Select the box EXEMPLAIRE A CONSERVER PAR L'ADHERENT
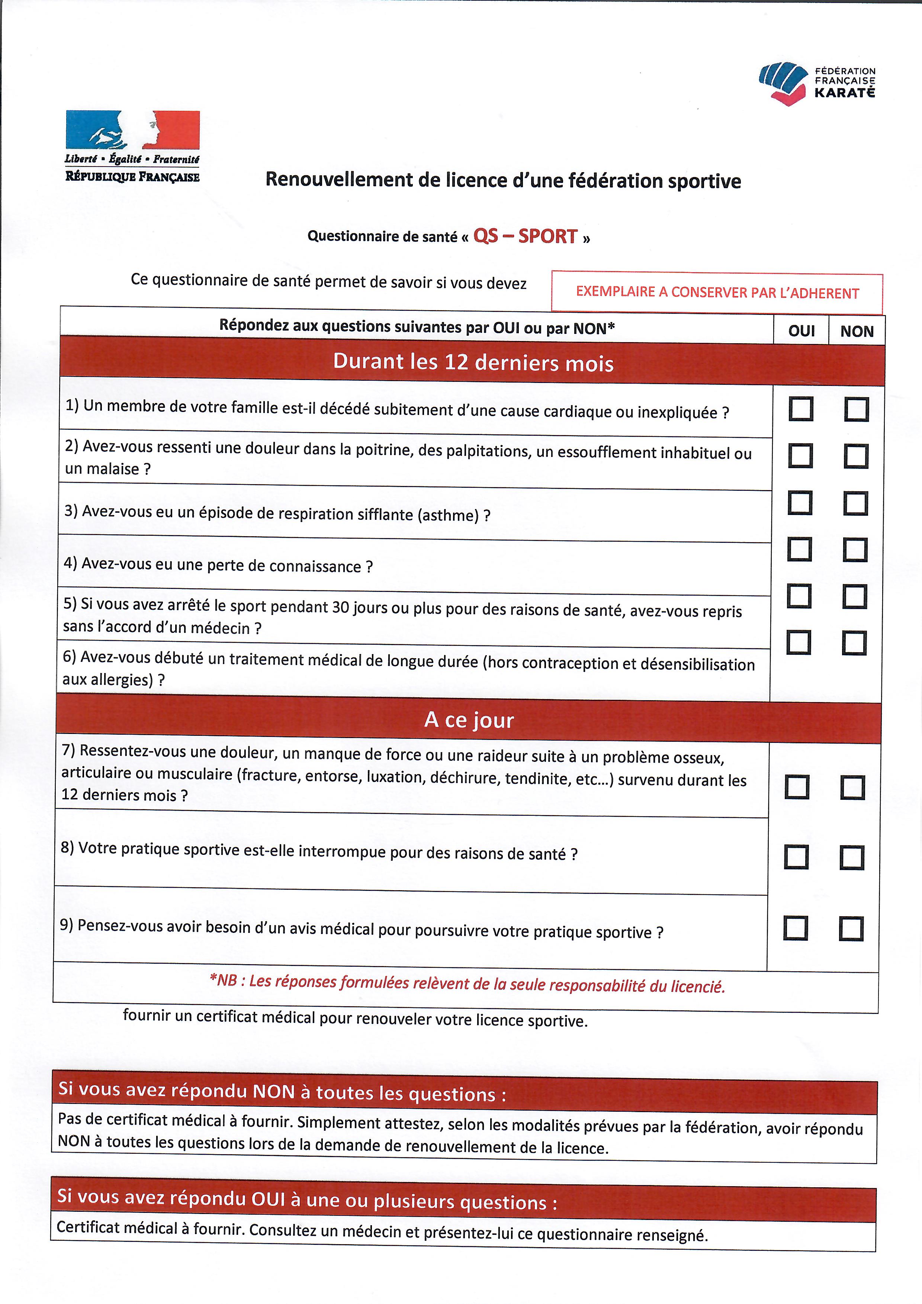pyautogui.click(x=717, y=293)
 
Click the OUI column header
pyautogui.click(x=801, y=331)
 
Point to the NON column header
pyautogui.click(x=857, y=331)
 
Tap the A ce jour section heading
pyautogui.click(x=469, y=719)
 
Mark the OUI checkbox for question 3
pyautogui.click(x=800, y=503)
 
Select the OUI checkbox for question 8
pyautogui.click(x=796, y=857)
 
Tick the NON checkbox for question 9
pyautogui.click(x=851, y=928)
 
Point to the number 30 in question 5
pyautogui.click(x=340, y=607)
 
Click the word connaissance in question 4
pyautogui.click(x=315, y=566)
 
